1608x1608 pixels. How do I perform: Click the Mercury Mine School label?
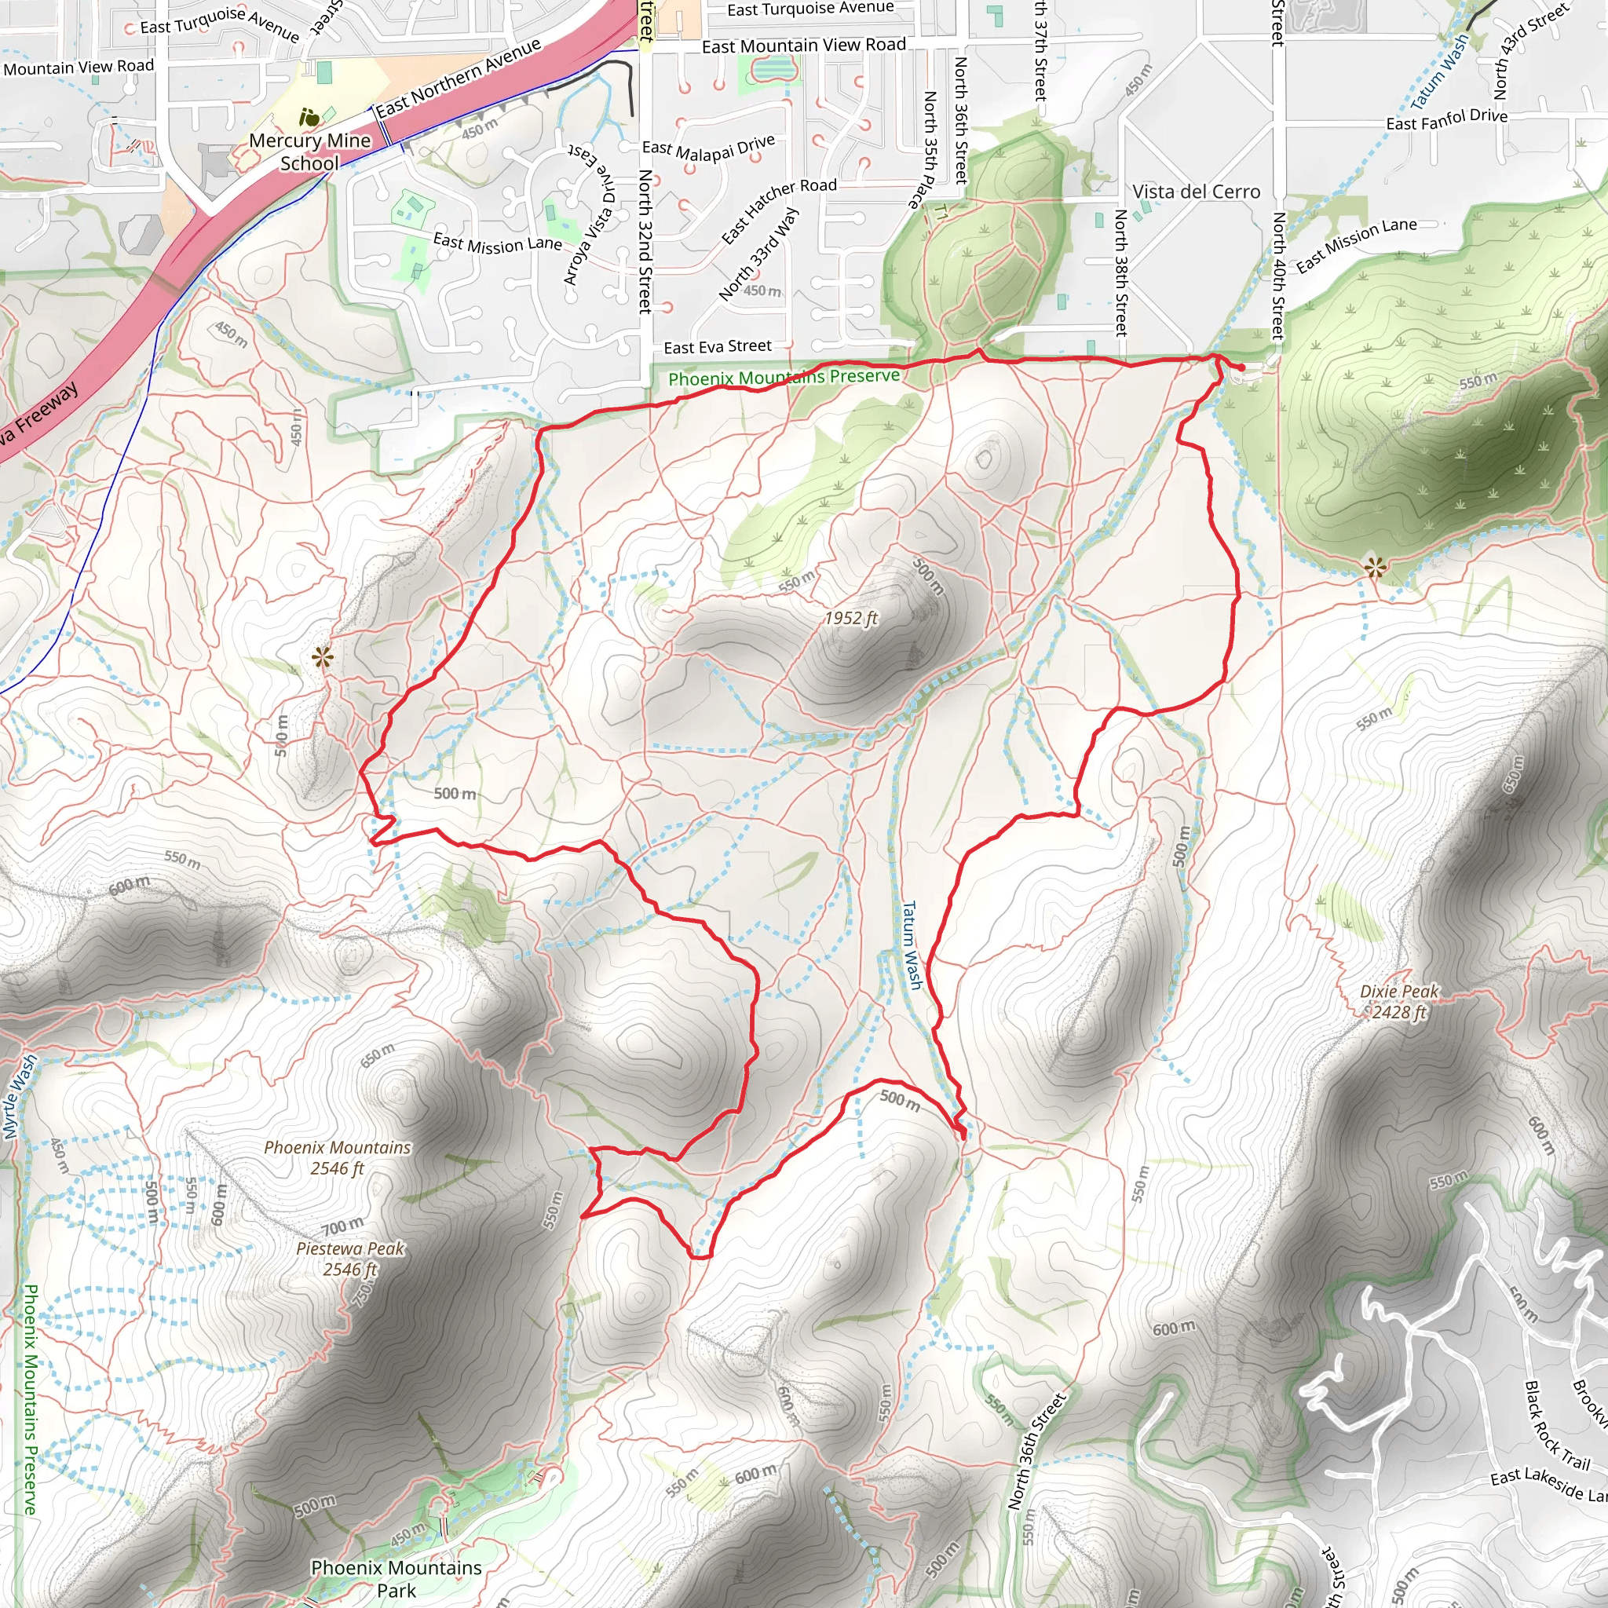click(309, 152)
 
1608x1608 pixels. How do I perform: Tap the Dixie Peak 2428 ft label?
click(1398, 1001)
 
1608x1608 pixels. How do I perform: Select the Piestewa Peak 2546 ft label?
click(350, 1259)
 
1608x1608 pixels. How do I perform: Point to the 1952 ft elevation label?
click(850, 618)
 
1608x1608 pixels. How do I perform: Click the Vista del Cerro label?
click(1196, 192)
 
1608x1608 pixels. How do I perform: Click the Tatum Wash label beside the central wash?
click(912, 945)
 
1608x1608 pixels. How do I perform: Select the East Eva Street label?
click(717, 346)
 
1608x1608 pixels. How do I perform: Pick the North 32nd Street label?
click(645, 241)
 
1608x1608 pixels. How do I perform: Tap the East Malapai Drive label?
click(707, 148)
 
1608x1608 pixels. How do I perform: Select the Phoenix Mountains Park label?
click(397, 1578)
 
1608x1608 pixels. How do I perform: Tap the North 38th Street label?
click(1121, 272)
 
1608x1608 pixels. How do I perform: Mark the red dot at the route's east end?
click(1242, 367)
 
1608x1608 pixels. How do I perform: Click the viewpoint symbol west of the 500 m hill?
click(322, 657)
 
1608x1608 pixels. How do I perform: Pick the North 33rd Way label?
click(758, 253)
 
